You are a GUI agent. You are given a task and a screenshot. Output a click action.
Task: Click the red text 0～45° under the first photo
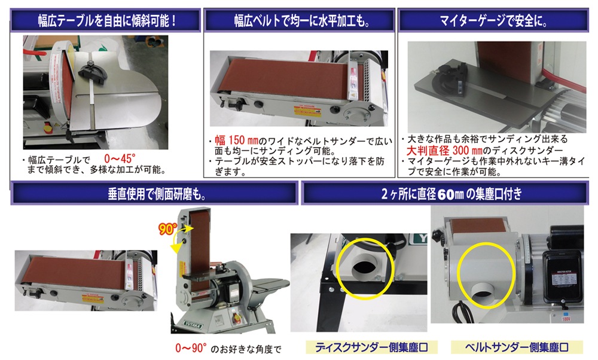click(x=120, y=158)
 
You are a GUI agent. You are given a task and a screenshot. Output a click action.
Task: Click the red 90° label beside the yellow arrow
click(x=167, y=229)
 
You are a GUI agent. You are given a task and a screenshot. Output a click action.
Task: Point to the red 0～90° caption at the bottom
click(x=191, y=348)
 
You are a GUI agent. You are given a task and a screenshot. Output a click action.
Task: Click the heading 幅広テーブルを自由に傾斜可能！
click(x=107, y=20)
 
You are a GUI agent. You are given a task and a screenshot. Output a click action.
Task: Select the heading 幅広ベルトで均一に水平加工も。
click(x=301, y=20)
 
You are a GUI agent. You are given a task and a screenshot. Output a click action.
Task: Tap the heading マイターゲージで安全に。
click(x=493, y=20)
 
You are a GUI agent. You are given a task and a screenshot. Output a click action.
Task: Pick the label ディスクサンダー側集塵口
click(x=371, y=347)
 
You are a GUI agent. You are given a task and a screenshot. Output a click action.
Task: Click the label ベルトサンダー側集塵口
click(x=517, y=347)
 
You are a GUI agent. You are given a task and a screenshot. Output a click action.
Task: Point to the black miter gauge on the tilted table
click(x=92, y=72)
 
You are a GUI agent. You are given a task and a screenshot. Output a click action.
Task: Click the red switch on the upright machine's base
click(x=233, y=313)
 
